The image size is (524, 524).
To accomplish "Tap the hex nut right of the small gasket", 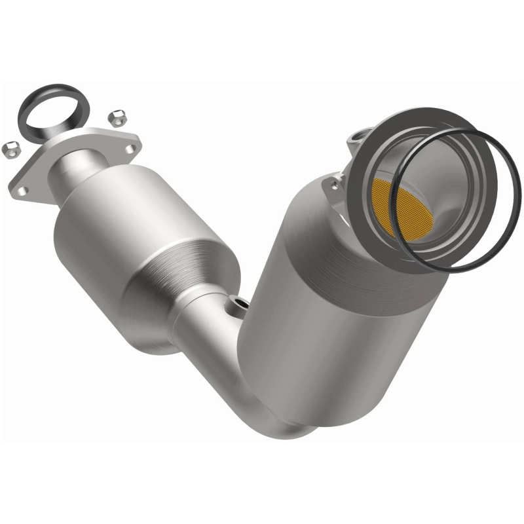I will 118,117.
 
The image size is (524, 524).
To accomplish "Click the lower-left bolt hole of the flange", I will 22,190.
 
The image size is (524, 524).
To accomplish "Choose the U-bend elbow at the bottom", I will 282,419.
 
